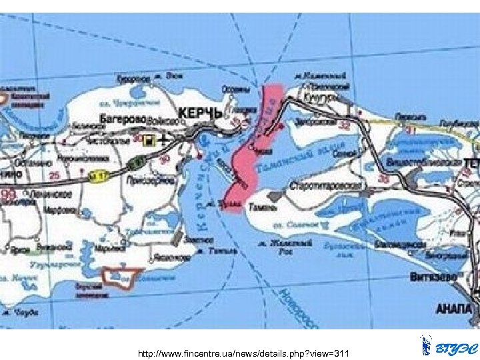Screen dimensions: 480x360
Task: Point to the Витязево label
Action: tap(452, 276)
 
